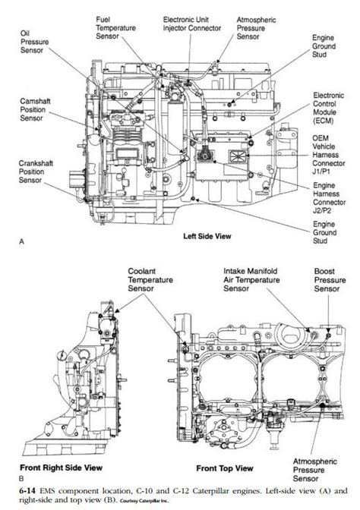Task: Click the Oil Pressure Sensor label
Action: (34, 42)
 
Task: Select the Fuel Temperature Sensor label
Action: (115, 28)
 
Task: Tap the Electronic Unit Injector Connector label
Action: (192, 24)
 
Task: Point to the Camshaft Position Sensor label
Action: (35, 109)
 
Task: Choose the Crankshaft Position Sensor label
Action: (36, 172)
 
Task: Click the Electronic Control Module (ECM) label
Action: (328, 108)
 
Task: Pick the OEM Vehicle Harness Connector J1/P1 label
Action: (328, 155)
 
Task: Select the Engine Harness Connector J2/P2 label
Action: (329, 198)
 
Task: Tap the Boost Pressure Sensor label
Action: (330, 280)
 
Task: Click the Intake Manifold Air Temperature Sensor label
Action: (251, 280)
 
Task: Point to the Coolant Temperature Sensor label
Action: (150, 280)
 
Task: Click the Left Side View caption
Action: (207, 236)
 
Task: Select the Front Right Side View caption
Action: (62, 467)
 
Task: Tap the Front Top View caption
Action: (225, 468)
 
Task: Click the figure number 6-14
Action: (27, 490)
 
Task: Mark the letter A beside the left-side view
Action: (22, 241)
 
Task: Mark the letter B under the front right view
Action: (21, 479)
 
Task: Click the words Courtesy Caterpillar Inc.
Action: (144, 501)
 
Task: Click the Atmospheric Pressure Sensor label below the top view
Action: (314, 470)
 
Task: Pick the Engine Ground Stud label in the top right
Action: (324, 46)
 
